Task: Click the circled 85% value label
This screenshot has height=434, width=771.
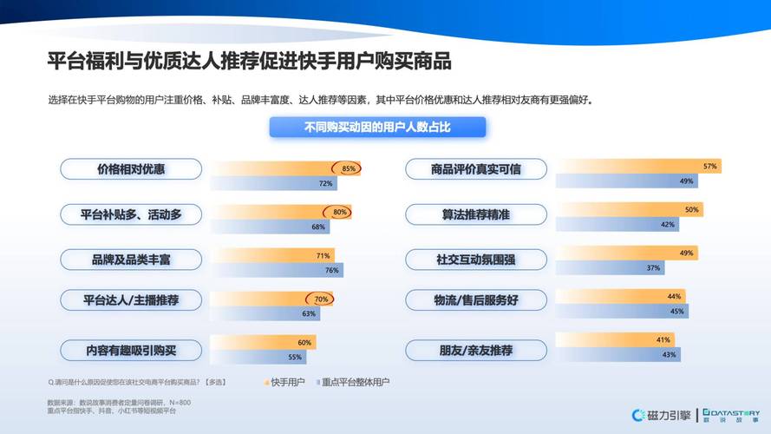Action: click(x=349, y=168)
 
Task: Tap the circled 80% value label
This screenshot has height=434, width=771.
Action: click(x=339, y=212)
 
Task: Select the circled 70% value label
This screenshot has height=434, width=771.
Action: click(x=321, y=299)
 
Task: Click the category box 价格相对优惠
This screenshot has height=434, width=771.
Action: click(x=130, y=169)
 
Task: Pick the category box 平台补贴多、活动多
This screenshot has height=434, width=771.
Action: click(x=130, y=214)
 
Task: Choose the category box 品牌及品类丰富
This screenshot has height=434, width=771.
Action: click(x=130, y=258)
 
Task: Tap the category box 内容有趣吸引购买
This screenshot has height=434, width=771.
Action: click(x=130, y=351)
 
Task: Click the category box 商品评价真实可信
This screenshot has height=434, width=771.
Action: click(x=476, y=169)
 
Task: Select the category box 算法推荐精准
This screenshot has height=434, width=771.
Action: click(x=476, y=214)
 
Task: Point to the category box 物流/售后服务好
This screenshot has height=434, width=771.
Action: click(x=476, y=300)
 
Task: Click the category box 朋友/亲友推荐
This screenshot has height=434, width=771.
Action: click(x=476, y=351)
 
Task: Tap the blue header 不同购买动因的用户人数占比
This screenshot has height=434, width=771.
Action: click(x=377, y=128)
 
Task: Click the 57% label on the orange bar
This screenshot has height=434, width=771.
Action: click(x=710, y=166)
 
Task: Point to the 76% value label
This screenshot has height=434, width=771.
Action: click(x=331, y=270)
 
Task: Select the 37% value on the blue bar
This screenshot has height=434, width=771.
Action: click(x=653, y=267)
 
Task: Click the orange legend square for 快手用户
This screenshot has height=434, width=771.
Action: click(x=266, y=381)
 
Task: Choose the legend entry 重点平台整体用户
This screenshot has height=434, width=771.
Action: click(x=354, y=381)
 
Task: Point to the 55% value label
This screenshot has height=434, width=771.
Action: click(x=295, y=357)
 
